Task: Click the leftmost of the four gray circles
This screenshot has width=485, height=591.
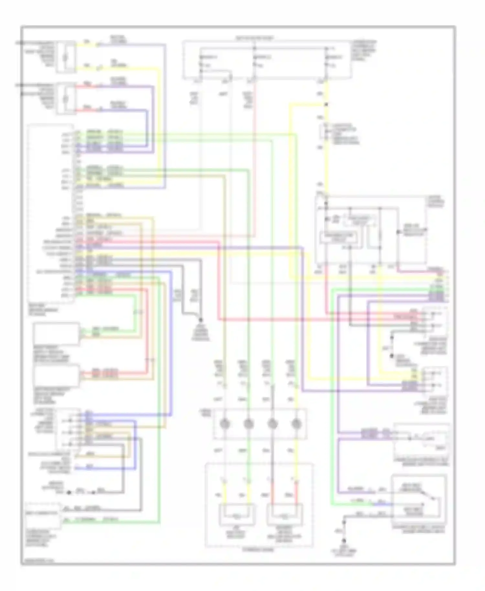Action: pos(224,424)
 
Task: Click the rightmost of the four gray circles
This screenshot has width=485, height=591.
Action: pos(296,424)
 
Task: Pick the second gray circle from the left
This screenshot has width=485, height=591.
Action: pos(248,424)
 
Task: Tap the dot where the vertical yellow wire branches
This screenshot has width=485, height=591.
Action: pos(326,104)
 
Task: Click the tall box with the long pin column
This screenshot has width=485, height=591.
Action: pos(51,213)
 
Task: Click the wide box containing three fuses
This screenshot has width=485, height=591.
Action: pos(267,60)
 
